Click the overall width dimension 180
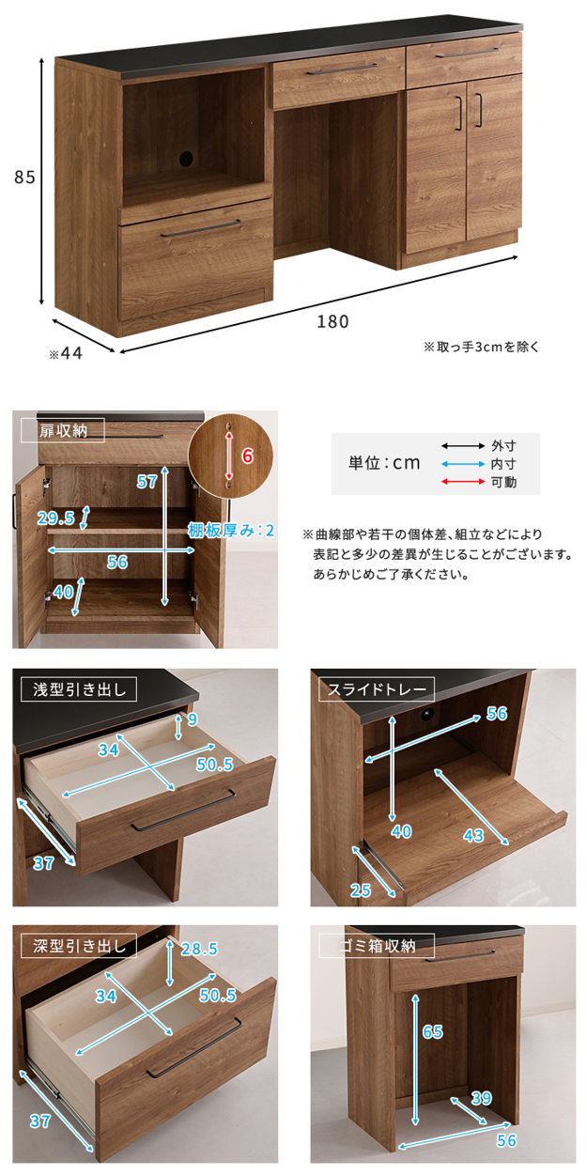click(x=332, y=321)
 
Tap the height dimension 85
click(x=24, y=178)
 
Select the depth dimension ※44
click(x=66, y=353)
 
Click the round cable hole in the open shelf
click(x=185, y=158)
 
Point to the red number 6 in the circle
click(x=248, y=456)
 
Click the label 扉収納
click(x=64, y=431)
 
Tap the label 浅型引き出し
click(x=79, y=689)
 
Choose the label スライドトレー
click(x=377, y=689)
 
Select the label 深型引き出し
click(x=79, y=946)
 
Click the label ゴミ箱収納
click(x=378, y=946)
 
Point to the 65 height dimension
click(x=432, y=1032)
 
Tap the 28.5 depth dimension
click(x=199, y=949)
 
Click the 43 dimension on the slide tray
click(x=473, y=835)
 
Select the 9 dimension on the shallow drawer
click(x=193, y=719)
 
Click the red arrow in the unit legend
click(x=463, y=482)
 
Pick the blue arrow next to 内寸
click(x=463, y=464)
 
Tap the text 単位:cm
click(x=384, y=463)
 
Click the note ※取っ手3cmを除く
click(x=481, y=347)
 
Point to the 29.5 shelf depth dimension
click(x=56, y=518)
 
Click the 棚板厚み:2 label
click(x=231, y=531)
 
